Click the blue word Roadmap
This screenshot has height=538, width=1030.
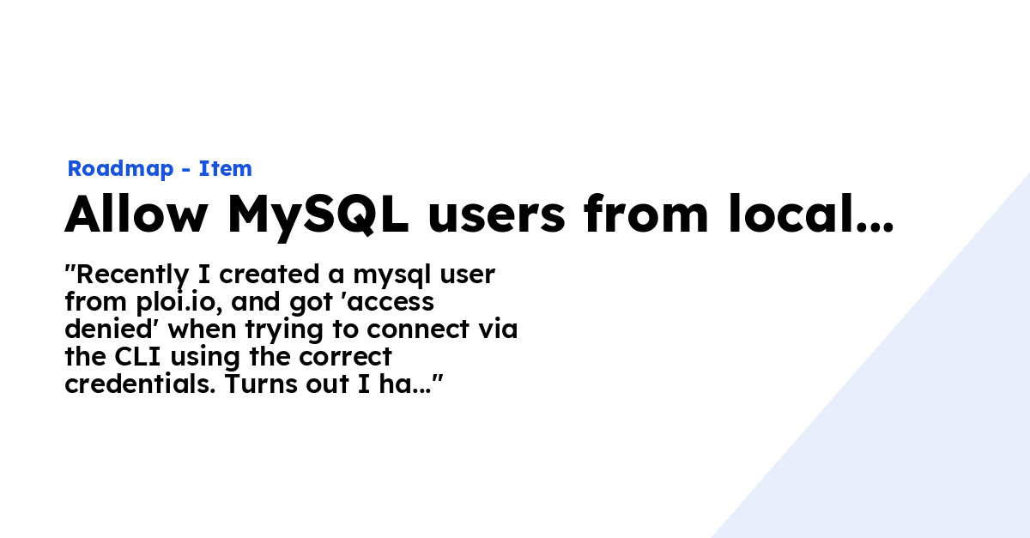click(x=120, y=169)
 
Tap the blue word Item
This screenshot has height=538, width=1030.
click(x=225, y=168)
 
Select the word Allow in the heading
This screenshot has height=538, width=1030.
click(x=136, y=215)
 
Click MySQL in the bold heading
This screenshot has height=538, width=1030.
click(x=318, y=216)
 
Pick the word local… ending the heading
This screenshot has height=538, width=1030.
click(x=811, y=214)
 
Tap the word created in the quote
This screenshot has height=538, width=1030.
click(x=269, y=275)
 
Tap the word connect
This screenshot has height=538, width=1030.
click(x=419, y=330)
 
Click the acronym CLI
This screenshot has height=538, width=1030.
click(x=137, y=357)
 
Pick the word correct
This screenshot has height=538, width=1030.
click(x=345, y=358)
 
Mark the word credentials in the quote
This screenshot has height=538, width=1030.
click(x=140, y=384)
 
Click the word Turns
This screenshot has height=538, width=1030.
click(x=262, y=384)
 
